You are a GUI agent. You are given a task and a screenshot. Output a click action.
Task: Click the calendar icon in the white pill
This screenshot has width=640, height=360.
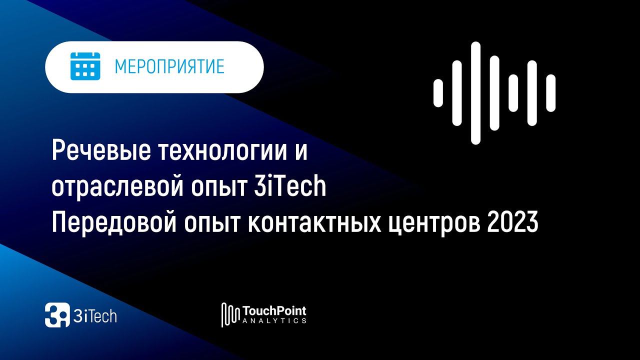click(x=85, y=66)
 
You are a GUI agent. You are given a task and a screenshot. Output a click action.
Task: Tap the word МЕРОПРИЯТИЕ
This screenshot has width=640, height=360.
click(x=169, y=66)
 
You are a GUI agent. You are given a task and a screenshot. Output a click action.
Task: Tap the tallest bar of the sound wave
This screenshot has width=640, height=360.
click(x=475, y=93)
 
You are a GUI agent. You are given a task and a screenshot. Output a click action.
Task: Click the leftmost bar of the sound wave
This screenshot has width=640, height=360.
click(x=438, y=93)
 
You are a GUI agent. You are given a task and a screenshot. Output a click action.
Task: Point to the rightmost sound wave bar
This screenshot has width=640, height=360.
click(x=550, y=93)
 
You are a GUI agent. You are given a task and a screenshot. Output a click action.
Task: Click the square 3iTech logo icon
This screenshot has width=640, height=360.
click(x=57, y=315)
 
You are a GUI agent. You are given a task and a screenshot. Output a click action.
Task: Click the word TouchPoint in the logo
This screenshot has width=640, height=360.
click(x=274, y=311)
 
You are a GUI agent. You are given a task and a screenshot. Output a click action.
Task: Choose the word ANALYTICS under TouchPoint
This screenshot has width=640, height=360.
click(x=274, y=321)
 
